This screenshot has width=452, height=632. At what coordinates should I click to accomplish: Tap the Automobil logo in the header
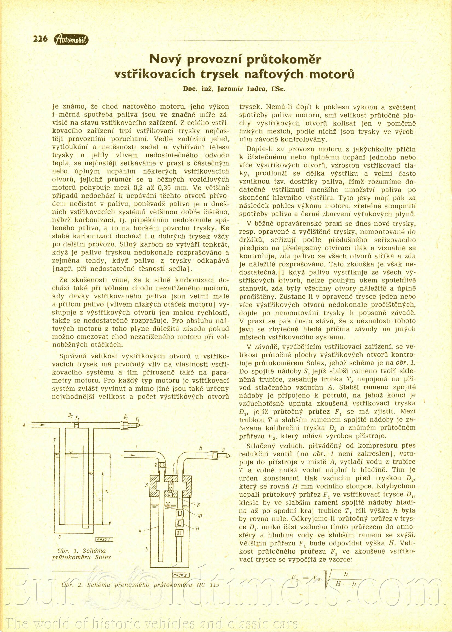pos(71,40)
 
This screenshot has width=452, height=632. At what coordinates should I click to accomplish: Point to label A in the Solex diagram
pos(25,425)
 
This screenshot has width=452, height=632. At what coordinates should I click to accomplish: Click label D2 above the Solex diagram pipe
pos(71,416)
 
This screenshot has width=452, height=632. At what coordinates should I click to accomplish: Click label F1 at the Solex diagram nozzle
pos(138,419)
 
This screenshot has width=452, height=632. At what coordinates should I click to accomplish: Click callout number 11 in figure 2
pos(197,530)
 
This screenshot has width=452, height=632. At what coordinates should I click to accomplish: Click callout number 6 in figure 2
pos(198,505)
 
